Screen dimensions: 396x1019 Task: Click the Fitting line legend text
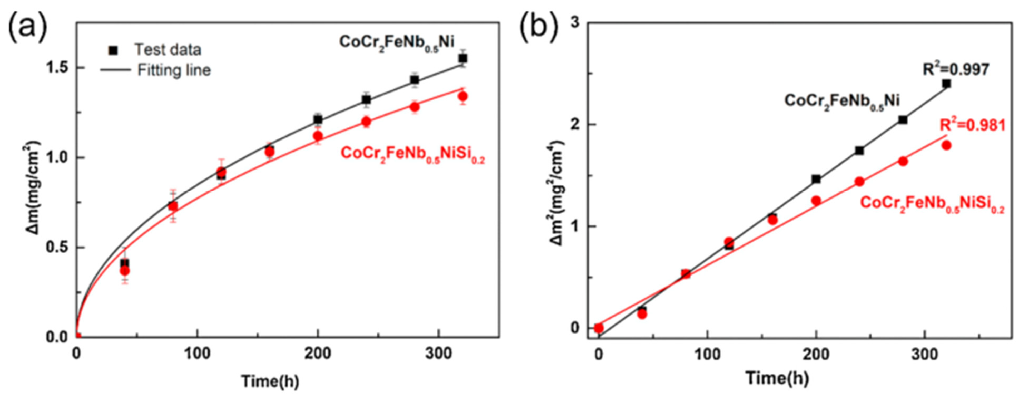tap(174, 70)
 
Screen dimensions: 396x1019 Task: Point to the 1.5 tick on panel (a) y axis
tap(57, 68)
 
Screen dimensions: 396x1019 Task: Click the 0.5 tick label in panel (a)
tap(57, 248)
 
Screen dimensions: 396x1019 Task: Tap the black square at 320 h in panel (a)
tap(463, 59)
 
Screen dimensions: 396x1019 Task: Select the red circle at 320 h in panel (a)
tap(463, 96)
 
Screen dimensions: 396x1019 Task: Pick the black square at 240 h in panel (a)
tap(366, 99)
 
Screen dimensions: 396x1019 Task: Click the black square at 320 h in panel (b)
tap(947, 84)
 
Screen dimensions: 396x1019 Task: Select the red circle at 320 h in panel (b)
tap(946, 145)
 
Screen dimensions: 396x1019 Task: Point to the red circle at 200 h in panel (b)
tap(816, 200)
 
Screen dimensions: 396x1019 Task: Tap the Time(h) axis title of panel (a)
tap(270, 381)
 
